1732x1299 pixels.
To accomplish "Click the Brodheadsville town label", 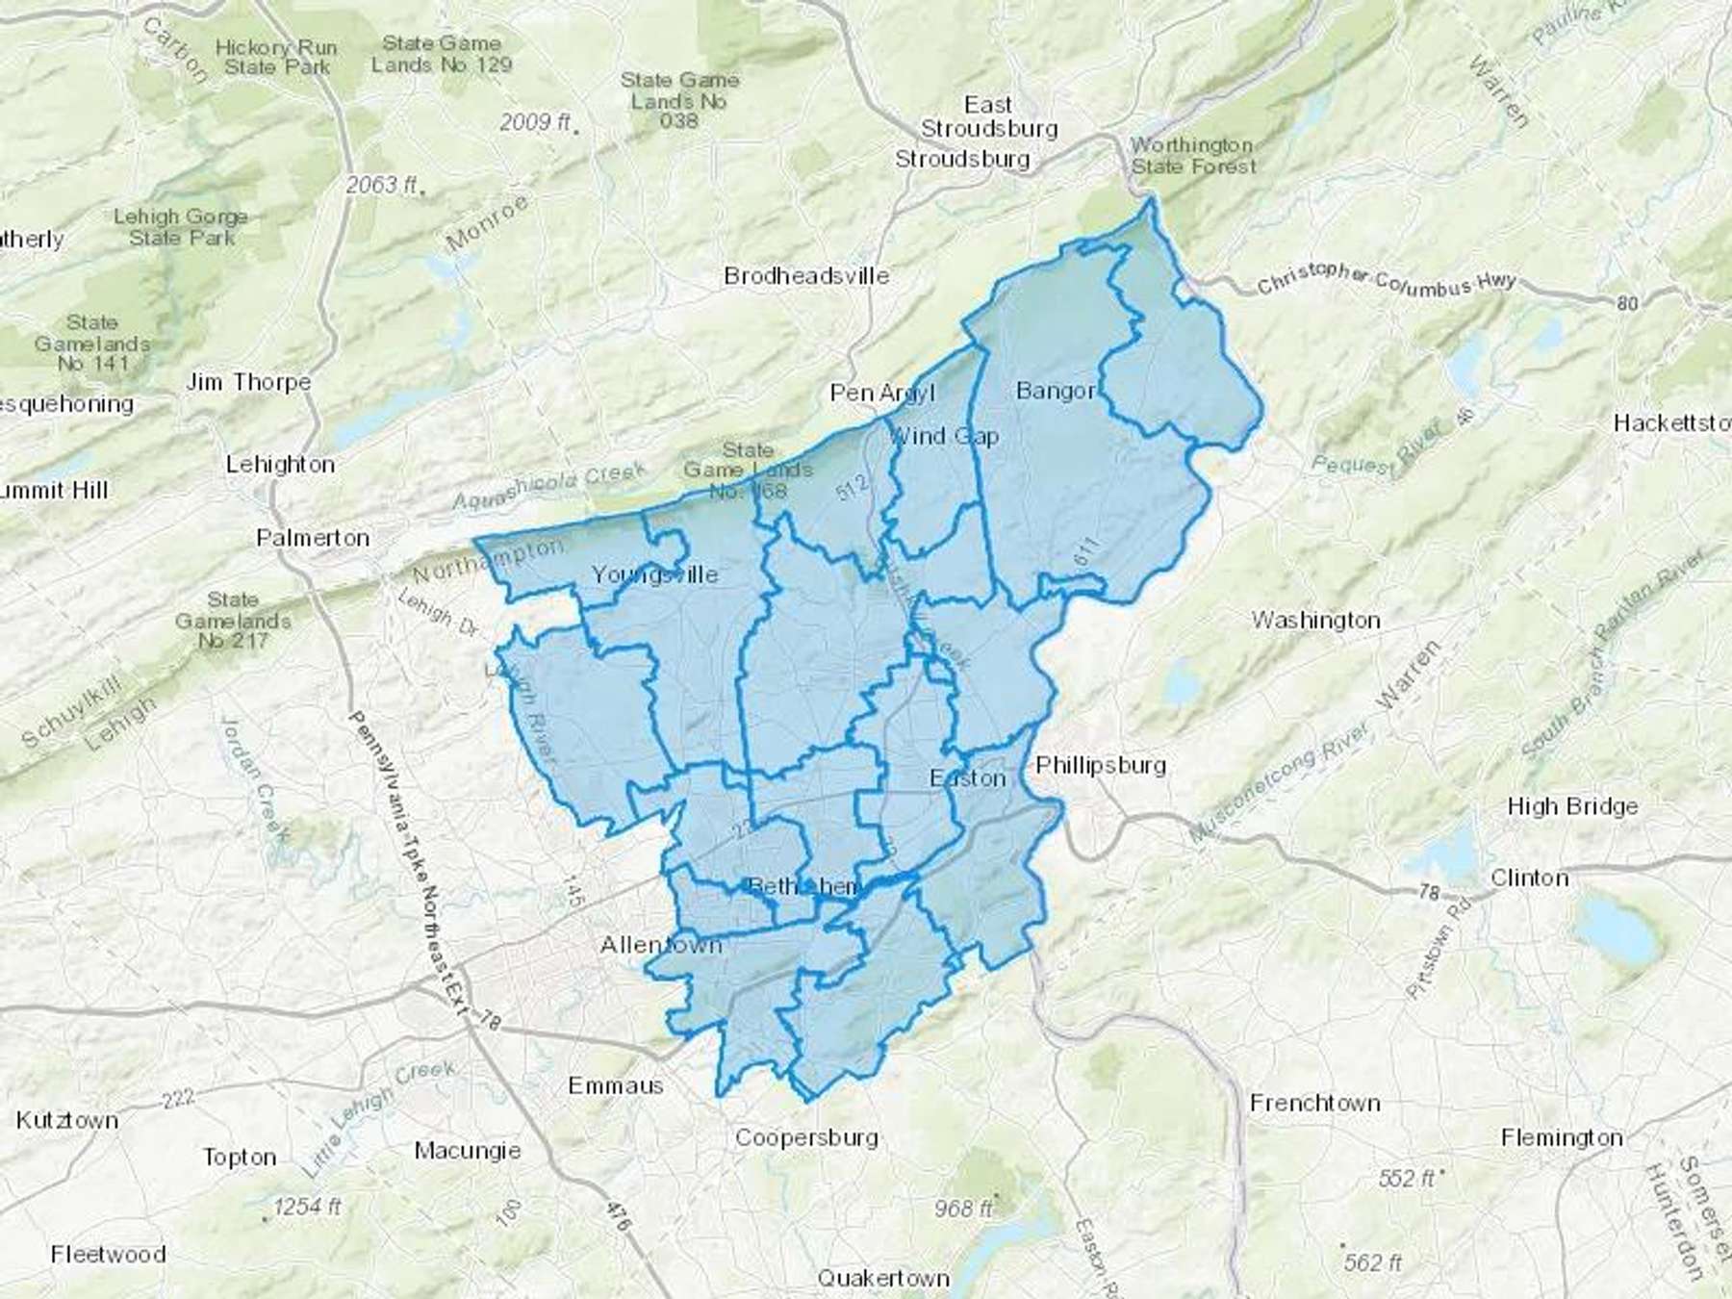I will (806, 276).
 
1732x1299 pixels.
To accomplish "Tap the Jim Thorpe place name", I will (248, 382).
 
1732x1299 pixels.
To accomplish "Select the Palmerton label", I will (313, 538).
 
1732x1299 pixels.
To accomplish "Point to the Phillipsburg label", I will (1101, 765).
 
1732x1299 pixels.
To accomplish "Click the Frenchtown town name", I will (1314, 1103).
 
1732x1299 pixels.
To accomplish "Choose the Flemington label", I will (1561, 1138).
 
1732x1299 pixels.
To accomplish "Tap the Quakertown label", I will (882, 1278).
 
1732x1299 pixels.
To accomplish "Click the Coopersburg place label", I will (806, 1137).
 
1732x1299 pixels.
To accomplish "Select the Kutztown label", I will (67, 1120).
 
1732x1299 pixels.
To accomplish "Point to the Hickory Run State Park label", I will (276, 57).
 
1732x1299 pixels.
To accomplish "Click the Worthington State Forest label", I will (1192, 156).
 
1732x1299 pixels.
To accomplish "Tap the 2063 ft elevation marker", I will (382, 184).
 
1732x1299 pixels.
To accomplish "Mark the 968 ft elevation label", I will (963, 1208).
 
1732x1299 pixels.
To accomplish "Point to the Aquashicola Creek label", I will (548, 486).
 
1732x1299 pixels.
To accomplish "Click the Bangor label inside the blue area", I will (1056, 391).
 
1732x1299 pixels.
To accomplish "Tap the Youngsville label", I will (654, 575).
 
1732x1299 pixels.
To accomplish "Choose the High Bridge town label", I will (1572, 806).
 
